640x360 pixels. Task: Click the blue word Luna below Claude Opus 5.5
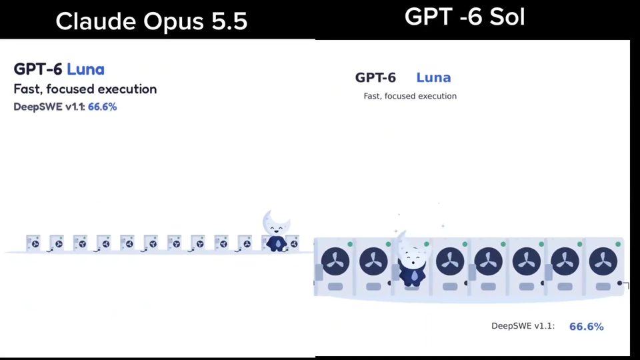85,69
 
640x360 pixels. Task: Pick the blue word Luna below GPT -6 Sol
433,77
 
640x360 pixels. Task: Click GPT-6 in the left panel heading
38,69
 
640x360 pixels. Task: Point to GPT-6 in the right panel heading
375,77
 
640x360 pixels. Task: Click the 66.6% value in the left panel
103,107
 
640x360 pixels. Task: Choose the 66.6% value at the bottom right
586,327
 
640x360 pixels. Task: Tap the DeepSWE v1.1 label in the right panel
523,326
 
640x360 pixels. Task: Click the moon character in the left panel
276,231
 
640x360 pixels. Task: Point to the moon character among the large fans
412,259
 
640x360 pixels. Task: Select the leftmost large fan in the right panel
335,261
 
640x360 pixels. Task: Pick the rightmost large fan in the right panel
603,261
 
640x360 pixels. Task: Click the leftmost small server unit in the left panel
33,243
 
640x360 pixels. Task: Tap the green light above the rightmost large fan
618,244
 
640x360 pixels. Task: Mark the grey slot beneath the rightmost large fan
603,287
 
